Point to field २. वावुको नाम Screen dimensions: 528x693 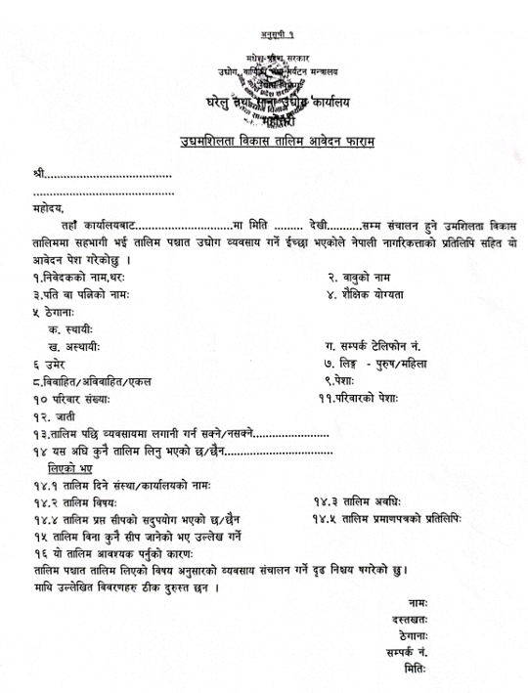click(x=367, y=277)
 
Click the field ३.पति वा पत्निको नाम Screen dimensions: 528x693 click(x=80, y=293)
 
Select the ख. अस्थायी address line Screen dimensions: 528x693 click(x=74, y=347)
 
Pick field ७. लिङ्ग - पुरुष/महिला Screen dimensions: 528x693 click(x=392, y=364)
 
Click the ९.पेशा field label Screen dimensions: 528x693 click(x=347, y=381)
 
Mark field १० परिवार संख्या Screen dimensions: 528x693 click(x=71, y=399)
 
